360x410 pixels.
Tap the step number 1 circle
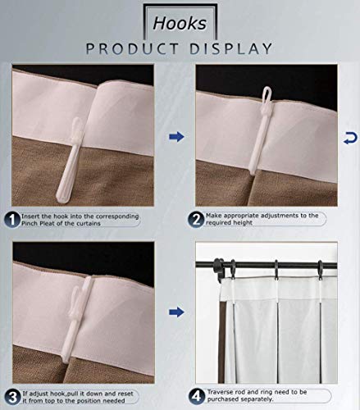(x=13, y=219)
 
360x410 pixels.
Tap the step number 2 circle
(x=197, y=219)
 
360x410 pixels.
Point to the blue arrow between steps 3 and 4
(x=175, y=312)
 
